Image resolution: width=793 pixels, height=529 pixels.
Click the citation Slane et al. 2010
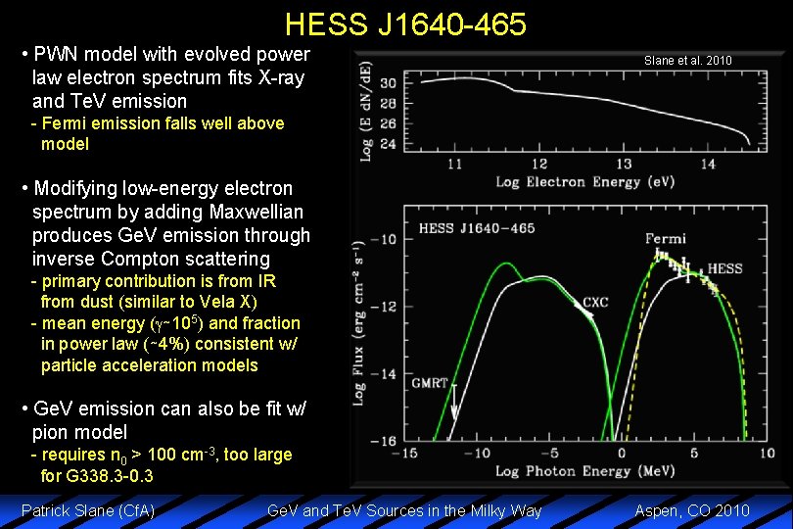click(x=687, y=61)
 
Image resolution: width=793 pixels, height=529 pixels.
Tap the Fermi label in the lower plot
click(x=666, y=238)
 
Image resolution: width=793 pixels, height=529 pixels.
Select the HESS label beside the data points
click(x=724, y=268)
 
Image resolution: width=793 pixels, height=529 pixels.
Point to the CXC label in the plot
click(x=595, y=303)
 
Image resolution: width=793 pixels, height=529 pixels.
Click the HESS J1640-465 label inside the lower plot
click(x=477, y=228)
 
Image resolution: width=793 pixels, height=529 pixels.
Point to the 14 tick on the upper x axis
click(x=708, y=164)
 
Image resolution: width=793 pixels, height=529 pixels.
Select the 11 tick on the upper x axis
click(x=455, y=164)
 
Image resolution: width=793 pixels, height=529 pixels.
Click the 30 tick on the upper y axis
click(x=388, y=82)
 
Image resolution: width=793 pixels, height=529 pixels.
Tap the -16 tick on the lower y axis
click(x=385, y=441)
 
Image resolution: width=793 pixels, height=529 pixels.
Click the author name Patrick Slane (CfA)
click(x=88, y=510)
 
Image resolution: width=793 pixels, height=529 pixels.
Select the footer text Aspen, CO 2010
click(x=692, y=510)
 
